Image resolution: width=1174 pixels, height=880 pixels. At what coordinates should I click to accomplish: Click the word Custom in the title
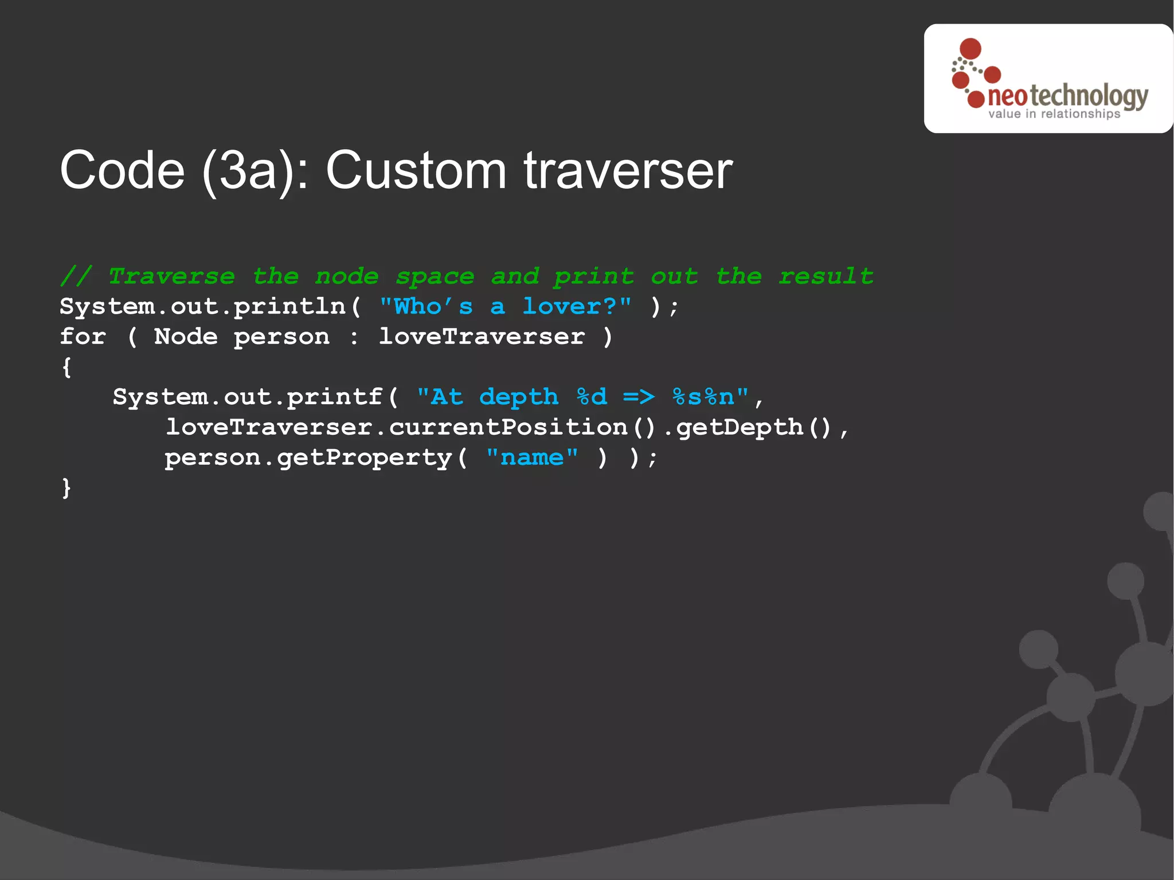(x=416, y=170)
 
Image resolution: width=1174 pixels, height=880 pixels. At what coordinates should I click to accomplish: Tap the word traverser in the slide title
(x=628, y=170)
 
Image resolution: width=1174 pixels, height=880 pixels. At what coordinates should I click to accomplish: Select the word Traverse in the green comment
(x=171, y=276)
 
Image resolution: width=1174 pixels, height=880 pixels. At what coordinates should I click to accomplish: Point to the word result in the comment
(x=826, y=276)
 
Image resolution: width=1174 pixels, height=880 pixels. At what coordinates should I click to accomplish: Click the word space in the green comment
(x=435, y=276)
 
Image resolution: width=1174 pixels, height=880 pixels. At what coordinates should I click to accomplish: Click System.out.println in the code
(x=203, y=307)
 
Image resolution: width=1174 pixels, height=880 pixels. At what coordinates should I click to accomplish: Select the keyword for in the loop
(x=83, y=337)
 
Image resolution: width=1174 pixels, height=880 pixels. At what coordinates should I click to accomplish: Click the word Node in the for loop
(x=186, y=337)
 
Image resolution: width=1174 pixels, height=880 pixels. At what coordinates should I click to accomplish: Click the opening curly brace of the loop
(x=66, y=367)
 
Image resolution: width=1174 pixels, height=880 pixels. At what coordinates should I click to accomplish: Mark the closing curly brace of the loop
(x=66, y=488)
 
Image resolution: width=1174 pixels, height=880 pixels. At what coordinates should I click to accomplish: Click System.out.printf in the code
(x=247, y=397)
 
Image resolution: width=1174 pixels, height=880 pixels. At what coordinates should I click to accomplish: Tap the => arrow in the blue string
(x=639, y=397)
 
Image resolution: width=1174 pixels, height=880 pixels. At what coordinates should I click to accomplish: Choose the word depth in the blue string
(x=519, y=397)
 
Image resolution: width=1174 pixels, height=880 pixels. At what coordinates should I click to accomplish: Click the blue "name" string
(x=532, y=457)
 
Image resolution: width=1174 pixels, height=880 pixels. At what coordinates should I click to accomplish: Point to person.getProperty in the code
(x=308, y=458)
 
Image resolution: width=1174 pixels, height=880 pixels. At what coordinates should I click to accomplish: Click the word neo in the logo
(x=1007, y=97)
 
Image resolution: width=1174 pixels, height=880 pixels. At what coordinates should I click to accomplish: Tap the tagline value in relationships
(x=1054, y=114)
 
